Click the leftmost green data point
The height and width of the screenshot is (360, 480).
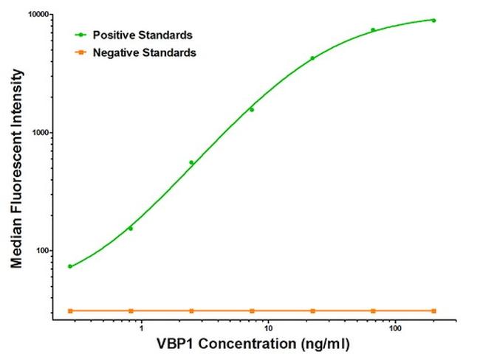[x=70, y=266]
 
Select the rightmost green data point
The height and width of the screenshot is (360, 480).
[x=433, y=21]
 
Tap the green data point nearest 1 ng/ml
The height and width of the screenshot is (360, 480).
[x=131, y=229]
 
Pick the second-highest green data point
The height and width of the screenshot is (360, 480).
[x=373, y=30]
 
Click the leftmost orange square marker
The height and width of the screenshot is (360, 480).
[x=70, y=311]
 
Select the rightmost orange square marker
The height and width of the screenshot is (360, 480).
[x=433, y=311]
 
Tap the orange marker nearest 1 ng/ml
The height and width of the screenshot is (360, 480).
[x=131, y=311]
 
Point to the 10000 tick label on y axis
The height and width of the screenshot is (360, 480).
[x=35, y=15]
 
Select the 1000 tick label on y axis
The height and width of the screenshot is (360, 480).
[x=38, y=133]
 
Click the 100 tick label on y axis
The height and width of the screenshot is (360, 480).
[x=40, y=251]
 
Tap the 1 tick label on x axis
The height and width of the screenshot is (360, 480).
[x=141, y=328]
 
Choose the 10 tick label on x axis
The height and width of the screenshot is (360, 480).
[x=268, y=328]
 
